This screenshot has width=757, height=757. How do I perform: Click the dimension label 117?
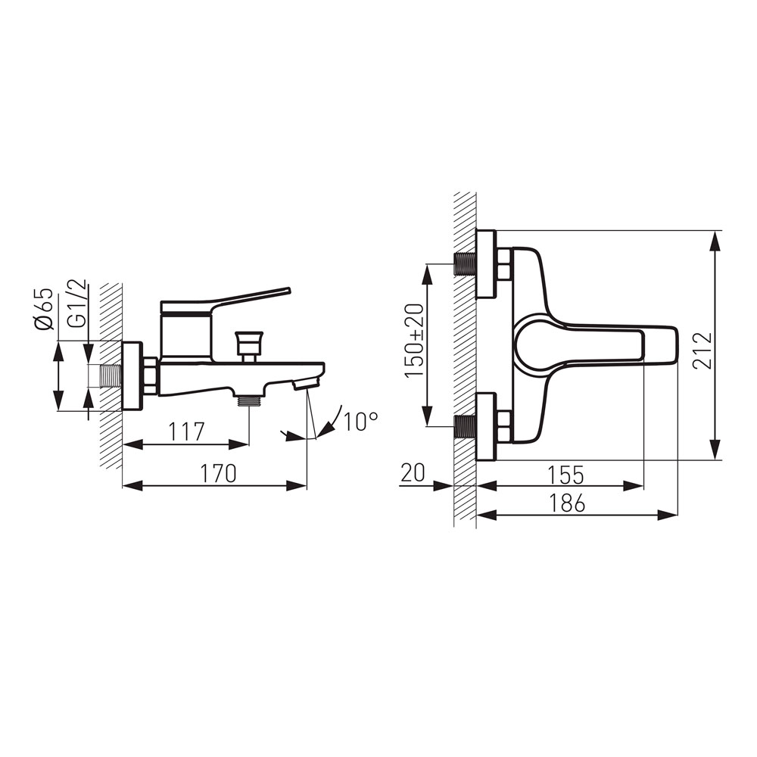(187, 431)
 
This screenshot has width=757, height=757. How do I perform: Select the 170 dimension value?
(219, 473)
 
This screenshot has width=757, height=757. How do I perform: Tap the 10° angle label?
(360, 422)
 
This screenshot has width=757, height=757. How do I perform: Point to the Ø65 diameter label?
(44, 309)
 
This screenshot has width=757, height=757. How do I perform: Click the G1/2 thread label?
(76, 304)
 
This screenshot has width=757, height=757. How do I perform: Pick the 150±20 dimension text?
(414, 341)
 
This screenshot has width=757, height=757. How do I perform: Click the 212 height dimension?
(702, 351)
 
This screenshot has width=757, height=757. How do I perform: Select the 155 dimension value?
(565, 475)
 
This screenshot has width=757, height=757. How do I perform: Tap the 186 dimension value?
(567, 503)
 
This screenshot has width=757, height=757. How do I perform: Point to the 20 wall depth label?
(413, 472)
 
